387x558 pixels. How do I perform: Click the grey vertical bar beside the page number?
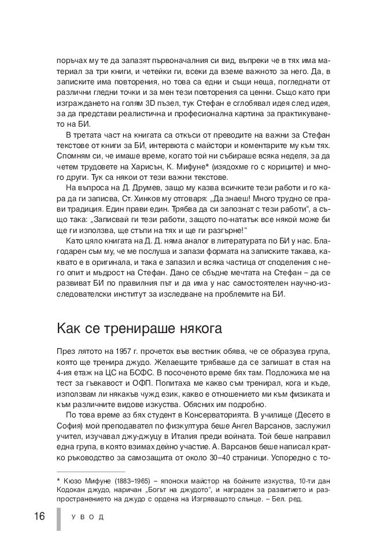click(58, 519)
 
